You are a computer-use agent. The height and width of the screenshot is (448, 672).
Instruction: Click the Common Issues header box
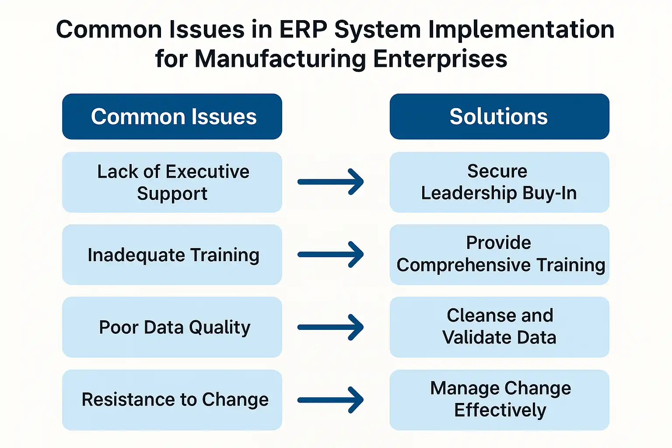pos(172,116)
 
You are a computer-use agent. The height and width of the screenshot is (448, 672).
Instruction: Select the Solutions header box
pos(499,116)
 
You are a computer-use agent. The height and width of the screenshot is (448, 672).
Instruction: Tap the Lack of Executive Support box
pos(172,182)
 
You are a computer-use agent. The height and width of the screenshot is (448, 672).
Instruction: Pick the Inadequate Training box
pos(172,255)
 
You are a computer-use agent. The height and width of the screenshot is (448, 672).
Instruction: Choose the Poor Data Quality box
pos(172,327)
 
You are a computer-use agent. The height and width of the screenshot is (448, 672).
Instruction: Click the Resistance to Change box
pos(172,400)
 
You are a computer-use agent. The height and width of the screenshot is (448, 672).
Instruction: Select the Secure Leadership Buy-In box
pos(499,182)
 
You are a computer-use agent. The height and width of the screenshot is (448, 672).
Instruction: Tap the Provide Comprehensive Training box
pos(499,255)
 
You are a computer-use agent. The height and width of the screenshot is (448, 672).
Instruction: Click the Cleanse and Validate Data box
pos(499,327)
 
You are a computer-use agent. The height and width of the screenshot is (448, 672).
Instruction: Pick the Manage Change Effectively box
pos(499,400)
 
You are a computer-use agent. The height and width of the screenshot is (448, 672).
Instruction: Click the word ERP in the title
pos(303,30)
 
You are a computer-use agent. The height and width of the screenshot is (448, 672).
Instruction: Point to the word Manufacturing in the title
pos(280,59)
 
